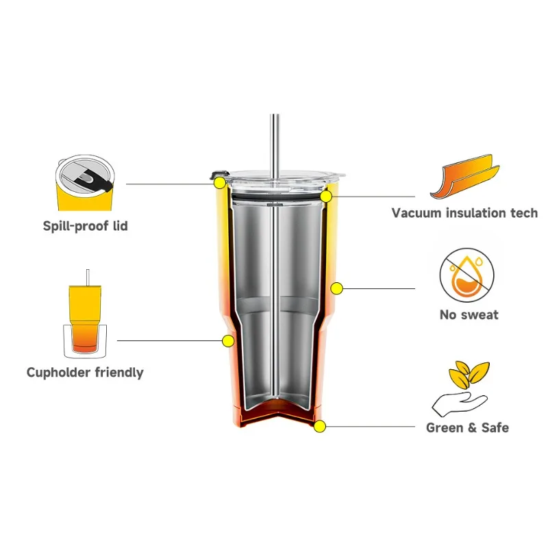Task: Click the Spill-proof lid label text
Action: (x=85, y=225)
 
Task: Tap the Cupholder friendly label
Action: (x=85, y=373)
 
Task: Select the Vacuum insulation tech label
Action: (x=464, y=212)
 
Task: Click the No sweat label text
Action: (x=469, y=314)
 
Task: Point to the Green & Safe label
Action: (x=467, y=427)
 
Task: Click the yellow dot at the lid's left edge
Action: (x=220, y=183)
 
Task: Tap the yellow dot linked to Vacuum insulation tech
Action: (x=327, y=196)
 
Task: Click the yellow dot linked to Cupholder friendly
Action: (x=227, y=340)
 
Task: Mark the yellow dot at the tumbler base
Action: (x=319, y=426)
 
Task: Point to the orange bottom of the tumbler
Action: (x=275, y=415)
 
